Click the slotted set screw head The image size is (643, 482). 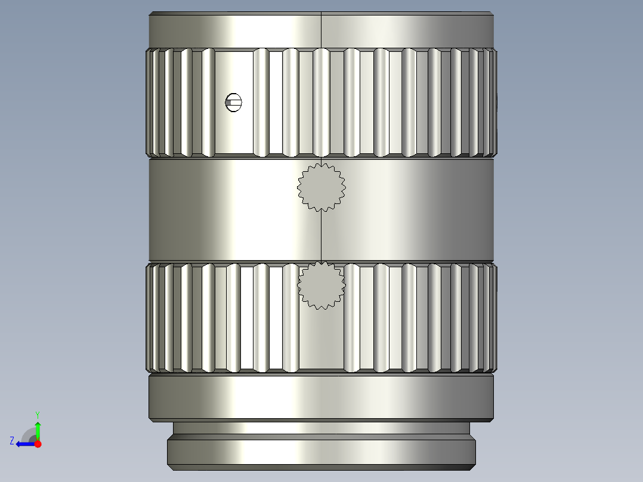(234, 103)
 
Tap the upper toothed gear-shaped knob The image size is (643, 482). (321, 187)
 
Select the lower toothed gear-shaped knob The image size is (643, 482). (321, 285)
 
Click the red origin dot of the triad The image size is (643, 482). (38, 444)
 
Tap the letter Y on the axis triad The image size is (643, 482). (38, 413)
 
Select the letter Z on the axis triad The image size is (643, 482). (12, 441)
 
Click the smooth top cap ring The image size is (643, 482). (239, 30)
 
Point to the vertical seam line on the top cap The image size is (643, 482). (321, 30)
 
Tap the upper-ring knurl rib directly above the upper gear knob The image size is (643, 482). (321, 103)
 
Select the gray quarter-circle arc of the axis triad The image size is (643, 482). (27, 434)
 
